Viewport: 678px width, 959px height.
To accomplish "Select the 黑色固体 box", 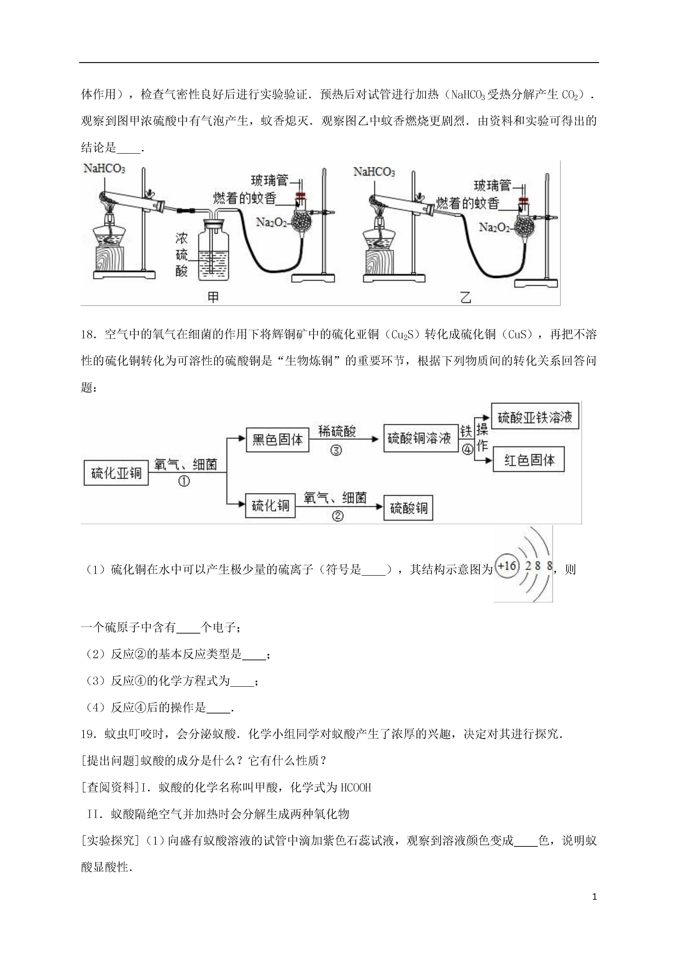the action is [277, 439].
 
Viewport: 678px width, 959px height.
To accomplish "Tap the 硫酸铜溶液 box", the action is [419, 439].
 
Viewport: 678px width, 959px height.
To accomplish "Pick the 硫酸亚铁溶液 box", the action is [535, 416].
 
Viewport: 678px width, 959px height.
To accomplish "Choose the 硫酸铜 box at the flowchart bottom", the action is [408, 508].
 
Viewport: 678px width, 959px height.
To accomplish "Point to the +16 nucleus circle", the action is [507, 566].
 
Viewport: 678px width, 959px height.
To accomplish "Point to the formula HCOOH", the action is [356, 787].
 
